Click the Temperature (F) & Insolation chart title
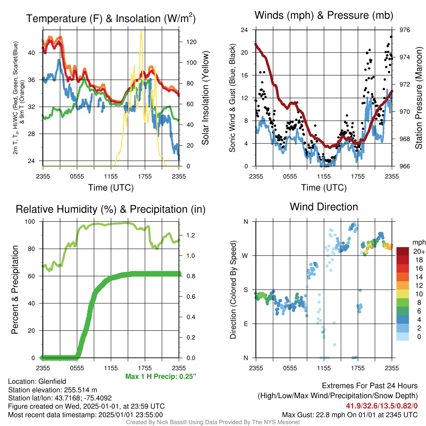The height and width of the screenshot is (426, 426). (x=111, y=18)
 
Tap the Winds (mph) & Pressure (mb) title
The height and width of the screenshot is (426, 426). (x=324, y=15)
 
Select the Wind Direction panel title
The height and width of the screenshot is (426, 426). (x=324, y=207)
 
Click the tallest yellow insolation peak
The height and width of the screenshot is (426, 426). (x=141, y=32)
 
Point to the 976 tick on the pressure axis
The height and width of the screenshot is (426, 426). (x=404, y=30)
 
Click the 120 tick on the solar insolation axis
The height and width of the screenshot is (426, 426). (x=191, y=42)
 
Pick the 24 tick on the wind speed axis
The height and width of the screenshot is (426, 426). (x=244, y=30)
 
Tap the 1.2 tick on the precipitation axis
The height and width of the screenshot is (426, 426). (x=191, y=235)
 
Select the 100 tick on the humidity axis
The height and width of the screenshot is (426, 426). (x=30, y=222)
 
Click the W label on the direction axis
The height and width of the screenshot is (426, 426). (x=245, y=256)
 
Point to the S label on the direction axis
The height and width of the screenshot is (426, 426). (x=246, y=290)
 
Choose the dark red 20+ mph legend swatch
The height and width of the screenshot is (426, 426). (x=403, y=251)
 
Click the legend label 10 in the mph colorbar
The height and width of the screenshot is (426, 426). (x=419, y=294)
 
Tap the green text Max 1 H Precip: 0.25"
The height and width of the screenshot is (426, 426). (x=161, y=376)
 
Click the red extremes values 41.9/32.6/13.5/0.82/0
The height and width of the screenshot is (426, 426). (x=382, y=406)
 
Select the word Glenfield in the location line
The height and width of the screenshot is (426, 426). (x=52, y=381)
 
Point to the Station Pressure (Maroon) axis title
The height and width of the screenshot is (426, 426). (x=419, y=98)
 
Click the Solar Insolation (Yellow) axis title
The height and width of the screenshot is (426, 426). (x=206, y=98)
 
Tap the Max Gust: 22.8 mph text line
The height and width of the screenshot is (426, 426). (x=350, y=415)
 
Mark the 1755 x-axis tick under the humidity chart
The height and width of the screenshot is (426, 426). (x=145, y=368)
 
